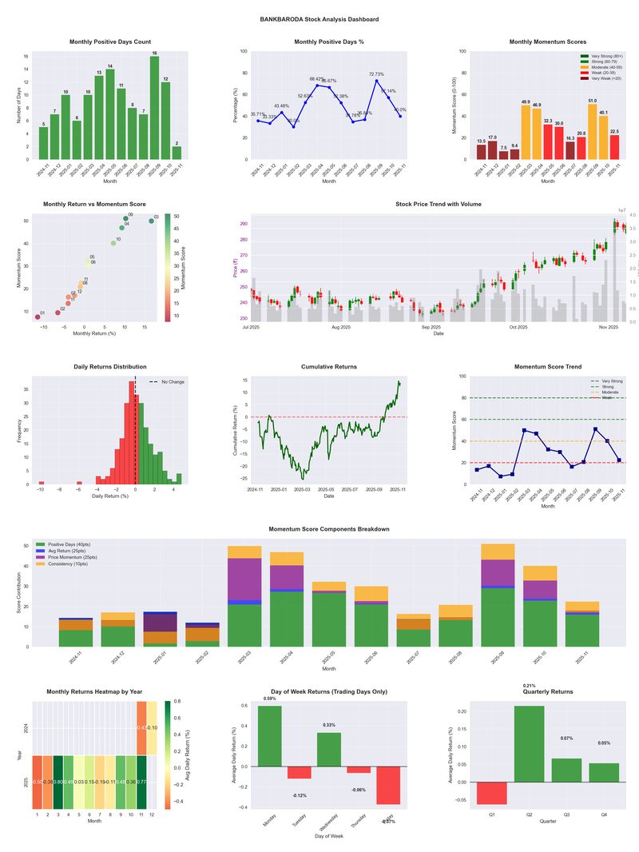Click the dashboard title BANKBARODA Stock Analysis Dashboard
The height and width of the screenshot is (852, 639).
(319, 19)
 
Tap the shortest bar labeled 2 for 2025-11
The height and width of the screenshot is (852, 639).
(177, 153)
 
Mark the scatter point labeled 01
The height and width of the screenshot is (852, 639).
(37, 317)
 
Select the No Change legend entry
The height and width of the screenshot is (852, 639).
(173, 382)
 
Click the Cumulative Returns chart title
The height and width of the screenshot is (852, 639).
(329, 367)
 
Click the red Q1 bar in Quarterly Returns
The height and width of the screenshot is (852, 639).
(491, 793)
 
